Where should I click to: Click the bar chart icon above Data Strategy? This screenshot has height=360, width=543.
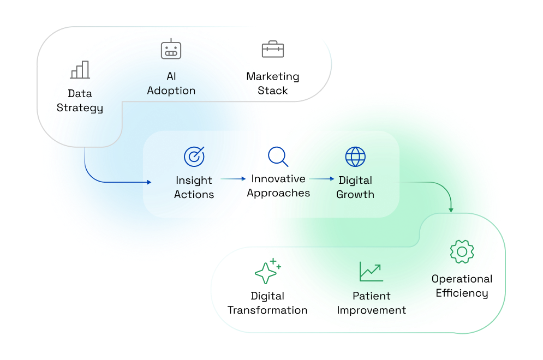pyautogui.click(x=80, y=70)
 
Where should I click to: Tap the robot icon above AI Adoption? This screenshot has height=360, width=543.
pyautogui.click(x=171, y=50)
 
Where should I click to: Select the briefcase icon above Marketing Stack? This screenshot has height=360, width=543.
pyautogui.click(x=272, y=50)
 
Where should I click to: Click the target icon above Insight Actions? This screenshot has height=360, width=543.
pyautogui.click(x=194, y=157)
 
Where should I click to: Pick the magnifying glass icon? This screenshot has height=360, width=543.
pyautogui.click(x=278, y=157)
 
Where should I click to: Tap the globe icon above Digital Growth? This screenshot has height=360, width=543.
pyautogui.click(x=355, y=157)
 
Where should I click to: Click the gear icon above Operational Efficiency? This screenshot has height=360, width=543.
pyautogui.click(x=462, y=251)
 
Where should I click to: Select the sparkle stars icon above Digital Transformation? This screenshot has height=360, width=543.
pyautogui.click(x=267, y=272)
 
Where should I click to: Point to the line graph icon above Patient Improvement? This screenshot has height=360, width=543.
pyautogui.click(x=371, y=272)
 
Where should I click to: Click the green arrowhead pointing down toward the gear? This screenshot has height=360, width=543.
pyautogui.click(x=451, y=209)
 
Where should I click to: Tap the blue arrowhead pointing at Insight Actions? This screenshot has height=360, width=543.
pyautogui.click(x=147, y=182)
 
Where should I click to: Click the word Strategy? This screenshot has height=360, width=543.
pyautogui.click(x=80, y=107)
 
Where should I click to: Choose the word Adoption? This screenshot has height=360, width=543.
pyautogui.click(x=171, y=91)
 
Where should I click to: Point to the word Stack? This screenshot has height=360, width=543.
pyautogui.click(x=272, y=91)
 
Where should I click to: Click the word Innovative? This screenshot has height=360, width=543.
pyautogui.click(x=278, y=178)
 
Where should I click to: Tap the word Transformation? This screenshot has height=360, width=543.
pyautogui.click(x=267, y=310)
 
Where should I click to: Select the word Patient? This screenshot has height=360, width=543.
pyautogui.click(x=371, y=296)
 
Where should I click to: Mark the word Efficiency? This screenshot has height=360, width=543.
pyautogui.click(x=462, y=293)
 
